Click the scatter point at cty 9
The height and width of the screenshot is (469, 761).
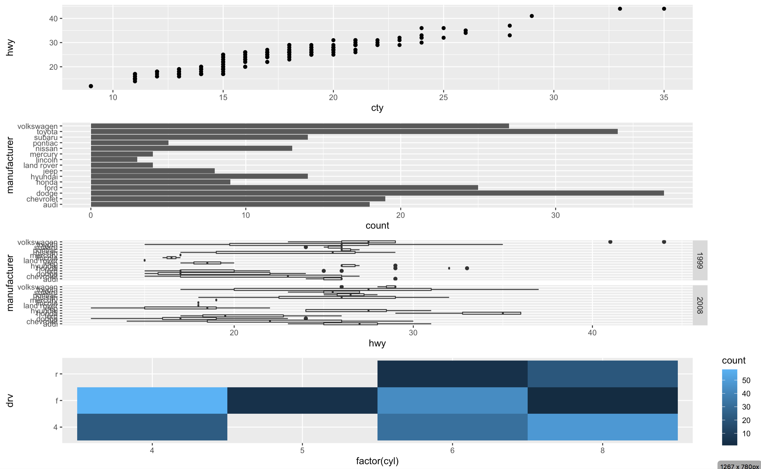(x=91, y=86)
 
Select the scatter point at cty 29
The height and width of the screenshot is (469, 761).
(x=532, y=16)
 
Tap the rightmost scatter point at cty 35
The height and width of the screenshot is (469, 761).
(x=664, y=9)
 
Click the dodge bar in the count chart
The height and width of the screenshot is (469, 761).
(x=377, y=193)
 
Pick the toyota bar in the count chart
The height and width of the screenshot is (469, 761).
(x=354, y=132)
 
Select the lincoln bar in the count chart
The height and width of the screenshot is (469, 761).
(x=114, y=159)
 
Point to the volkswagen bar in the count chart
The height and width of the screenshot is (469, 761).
(x=299, y=126)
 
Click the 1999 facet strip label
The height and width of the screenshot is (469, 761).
(x=699, y=260)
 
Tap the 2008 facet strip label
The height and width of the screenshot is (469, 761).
(x=699, y=305)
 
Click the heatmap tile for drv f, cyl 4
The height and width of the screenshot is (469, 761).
(x=152, y=400)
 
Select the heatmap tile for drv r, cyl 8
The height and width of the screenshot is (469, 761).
(x=602, y=374)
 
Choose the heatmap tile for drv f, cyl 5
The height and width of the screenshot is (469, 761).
(x=302, y=400)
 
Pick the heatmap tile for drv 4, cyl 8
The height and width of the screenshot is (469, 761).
(x=602, y=427)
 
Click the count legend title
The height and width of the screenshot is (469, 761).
(x=733, y=360)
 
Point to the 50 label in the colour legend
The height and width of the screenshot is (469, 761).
(x=746, y=380)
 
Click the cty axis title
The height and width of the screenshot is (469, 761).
(x=377, y=108)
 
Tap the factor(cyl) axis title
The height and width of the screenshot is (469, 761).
(x=377, y=461)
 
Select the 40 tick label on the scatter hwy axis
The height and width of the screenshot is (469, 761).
(x=53, y=19)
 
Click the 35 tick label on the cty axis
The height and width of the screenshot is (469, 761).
(x=664, y=97)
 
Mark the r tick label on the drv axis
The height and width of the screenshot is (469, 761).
(x=56, y=374)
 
